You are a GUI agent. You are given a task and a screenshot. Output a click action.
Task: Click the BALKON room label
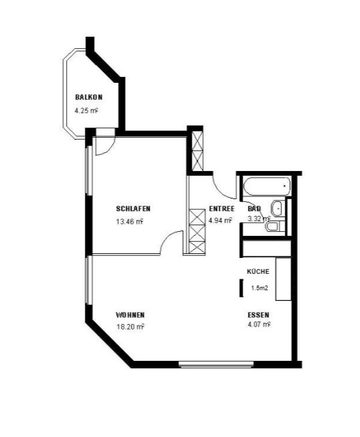pos(89,98)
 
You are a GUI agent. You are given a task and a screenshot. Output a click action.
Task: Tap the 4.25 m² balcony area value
pos(87,111)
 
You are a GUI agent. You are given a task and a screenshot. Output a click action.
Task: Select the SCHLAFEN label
pos(133,208)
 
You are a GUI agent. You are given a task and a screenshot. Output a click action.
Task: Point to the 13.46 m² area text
pos(130,222)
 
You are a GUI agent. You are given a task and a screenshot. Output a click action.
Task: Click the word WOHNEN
pos(130,315)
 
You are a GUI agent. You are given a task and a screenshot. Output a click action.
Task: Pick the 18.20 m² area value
pos(130,327)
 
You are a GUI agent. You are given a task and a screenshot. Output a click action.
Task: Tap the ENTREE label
pos(222,208)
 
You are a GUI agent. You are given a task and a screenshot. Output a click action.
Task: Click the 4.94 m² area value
pos(220,221)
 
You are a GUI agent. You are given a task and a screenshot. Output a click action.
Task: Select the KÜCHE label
pos(258,271)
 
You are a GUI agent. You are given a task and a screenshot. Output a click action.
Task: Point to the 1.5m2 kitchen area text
pos(259,288)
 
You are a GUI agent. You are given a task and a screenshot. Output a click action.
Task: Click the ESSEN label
pos(258,315)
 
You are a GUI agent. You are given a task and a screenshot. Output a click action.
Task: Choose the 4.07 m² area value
pos(259,324)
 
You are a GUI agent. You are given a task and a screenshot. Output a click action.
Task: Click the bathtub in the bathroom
pos(267,186)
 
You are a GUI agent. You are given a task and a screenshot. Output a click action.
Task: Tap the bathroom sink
pos(277,208)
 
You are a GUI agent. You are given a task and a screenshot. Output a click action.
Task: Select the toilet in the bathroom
pos(275,227)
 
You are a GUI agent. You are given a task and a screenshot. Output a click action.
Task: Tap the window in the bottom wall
pos(216,364)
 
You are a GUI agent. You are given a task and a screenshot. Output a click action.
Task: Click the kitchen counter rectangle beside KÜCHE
pos(283,279)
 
